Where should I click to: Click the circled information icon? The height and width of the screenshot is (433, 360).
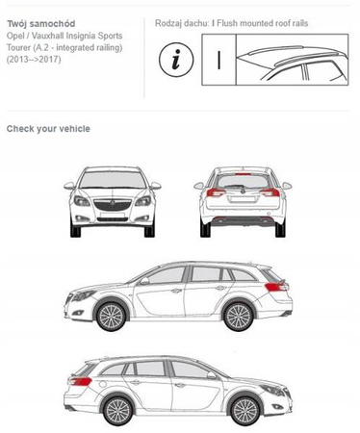[176, 60]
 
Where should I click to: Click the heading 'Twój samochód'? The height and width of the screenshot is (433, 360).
[41, 24]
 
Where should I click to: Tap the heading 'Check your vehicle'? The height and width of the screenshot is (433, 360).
[48, 129]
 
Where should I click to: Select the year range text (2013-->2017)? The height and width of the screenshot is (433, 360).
[34, 60]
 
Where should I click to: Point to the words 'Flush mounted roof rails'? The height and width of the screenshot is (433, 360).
[263, 23]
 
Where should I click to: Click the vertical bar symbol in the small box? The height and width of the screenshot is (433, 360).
[219, 60]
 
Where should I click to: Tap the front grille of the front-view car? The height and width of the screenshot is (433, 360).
[113, 205]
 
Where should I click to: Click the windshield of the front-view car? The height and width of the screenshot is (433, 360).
[113, 180]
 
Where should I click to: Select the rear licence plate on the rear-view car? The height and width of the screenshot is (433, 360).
[243, 199]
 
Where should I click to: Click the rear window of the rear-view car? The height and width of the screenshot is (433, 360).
[243, 182]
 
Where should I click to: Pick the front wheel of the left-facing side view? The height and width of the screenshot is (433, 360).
[111, 317]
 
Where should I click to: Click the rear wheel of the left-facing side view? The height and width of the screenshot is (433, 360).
[238, 317]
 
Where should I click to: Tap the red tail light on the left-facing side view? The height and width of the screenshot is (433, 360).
[275, 287]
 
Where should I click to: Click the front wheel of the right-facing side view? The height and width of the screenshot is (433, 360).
[244, 411]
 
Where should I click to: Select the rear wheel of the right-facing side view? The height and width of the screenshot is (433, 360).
[118, 411]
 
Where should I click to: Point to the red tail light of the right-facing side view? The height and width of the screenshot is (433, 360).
[80, 381]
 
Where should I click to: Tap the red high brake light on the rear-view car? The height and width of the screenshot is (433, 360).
[243, 174]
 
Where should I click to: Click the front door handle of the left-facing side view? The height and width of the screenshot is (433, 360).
[176, 291]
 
